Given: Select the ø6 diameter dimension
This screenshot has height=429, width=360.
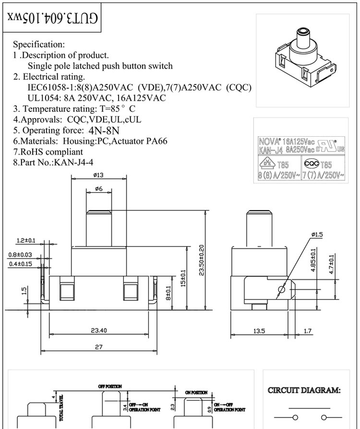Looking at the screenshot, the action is click(x=99, y=189).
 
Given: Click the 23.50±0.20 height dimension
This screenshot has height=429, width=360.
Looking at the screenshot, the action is click(x=201, y=261).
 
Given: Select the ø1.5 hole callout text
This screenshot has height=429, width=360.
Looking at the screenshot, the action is click(x=317, y=234).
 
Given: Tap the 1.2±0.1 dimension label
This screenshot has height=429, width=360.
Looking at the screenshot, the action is click(x=26, y=240).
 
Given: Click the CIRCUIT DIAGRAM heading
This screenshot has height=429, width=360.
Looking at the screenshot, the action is click(x=304, y=391).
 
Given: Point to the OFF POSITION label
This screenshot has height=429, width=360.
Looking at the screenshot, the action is click(x=110, y=386).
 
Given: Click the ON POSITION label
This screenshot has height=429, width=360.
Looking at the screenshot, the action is click(x=196, y=392).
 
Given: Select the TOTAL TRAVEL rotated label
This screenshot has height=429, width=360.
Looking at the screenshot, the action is click(x=61, y=408).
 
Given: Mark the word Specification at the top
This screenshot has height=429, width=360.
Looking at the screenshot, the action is click(x=38, y=45).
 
